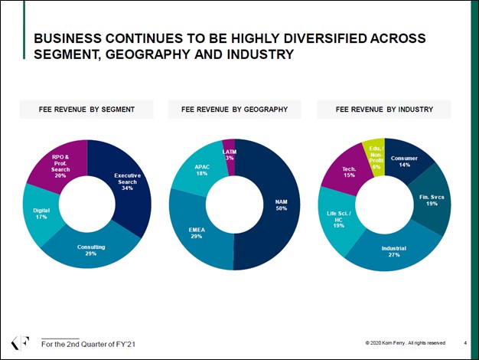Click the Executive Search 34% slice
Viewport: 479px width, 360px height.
coord(126,180)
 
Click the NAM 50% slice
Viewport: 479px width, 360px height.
coord(279,205)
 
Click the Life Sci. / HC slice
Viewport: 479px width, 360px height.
coord(337,221)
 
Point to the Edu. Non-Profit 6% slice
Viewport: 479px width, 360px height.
coord(374,155)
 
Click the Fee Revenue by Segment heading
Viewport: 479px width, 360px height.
coord(86,110)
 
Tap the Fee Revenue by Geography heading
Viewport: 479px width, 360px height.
coord(234,110)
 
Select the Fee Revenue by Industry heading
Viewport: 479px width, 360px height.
coord(384,110)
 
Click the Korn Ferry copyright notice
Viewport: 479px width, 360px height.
coord(406,342)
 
